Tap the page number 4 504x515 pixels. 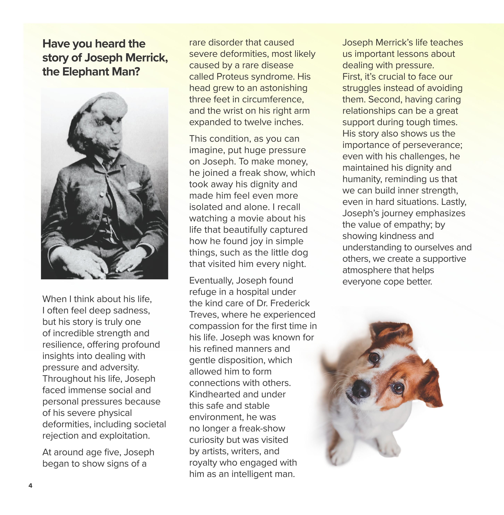tap(30, 485)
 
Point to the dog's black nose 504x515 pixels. tap(361, 389)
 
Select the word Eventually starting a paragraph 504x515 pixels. tap(211, 281)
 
